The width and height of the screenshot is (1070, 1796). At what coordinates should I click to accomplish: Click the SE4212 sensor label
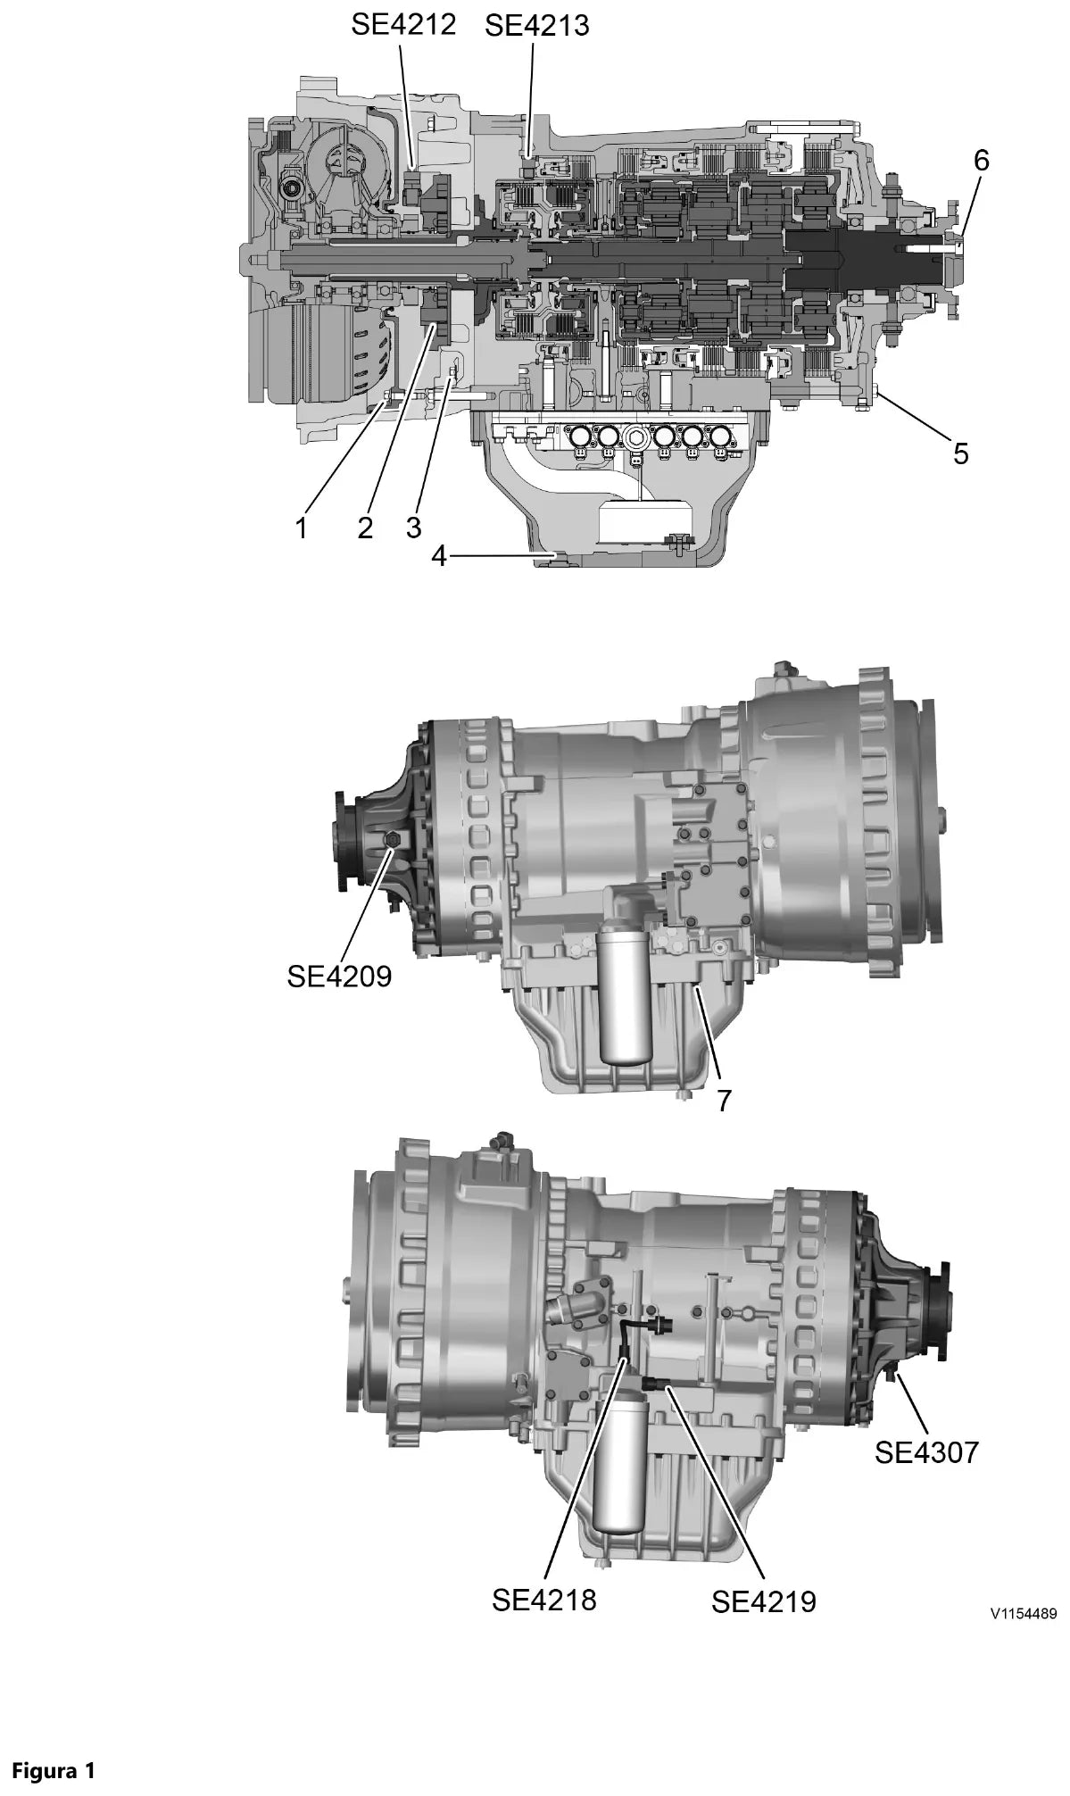403,24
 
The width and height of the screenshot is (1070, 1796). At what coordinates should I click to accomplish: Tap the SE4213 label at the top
537,26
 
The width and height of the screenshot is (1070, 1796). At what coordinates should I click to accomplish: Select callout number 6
981,162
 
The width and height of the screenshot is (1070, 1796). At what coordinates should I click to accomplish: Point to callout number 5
960,453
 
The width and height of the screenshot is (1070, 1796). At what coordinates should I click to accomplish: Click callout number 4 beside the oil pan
439,556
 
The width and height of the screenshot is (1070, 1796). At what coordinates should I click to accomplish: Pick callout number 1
302,528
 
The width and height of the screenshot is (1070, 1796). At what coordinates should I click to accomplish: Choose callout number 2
365,528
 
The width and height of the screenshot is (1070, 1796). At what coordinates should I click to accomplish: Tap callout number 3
413,527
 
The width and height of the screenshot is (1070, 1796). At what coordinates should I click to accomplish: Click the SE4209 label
339,977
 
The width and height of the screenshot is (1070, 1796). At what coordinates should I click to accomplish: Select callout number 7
724,1101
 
